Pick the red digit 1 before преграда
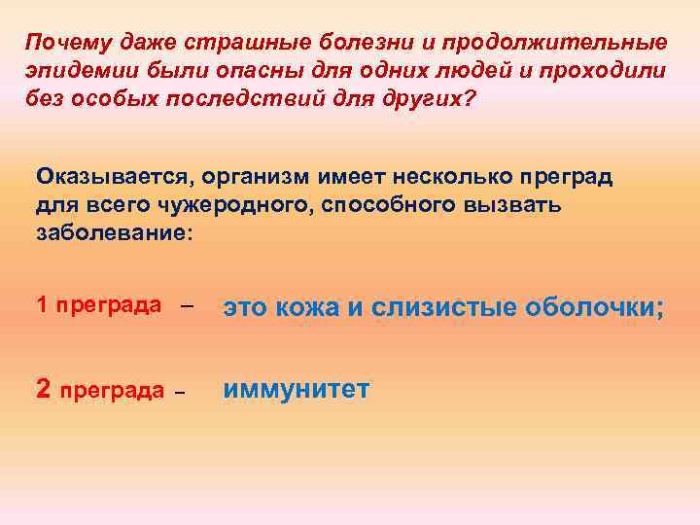pos(42,305)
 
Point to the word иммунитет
pos(297,390)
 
